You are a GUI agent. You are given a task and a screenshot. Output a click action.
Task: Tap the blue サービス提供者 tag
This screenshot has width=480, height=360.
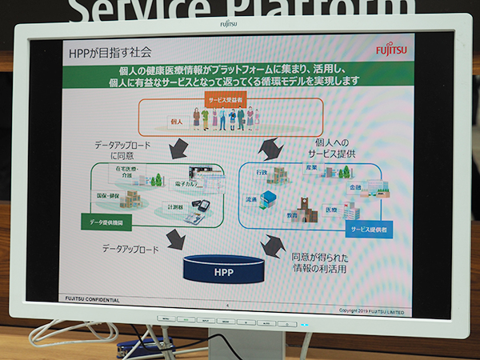[369, 230]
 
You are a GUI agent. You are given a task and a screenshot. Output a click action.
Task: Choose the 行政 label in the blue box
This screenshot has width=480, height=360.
[261, 171]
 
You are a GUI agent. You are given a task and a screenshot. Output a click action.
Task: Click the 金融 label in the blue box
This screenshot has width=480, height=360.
[354, 186]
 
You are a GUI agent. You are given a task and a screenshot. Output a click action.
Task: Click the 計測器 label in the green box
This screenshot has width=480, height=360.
[175, 207]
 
